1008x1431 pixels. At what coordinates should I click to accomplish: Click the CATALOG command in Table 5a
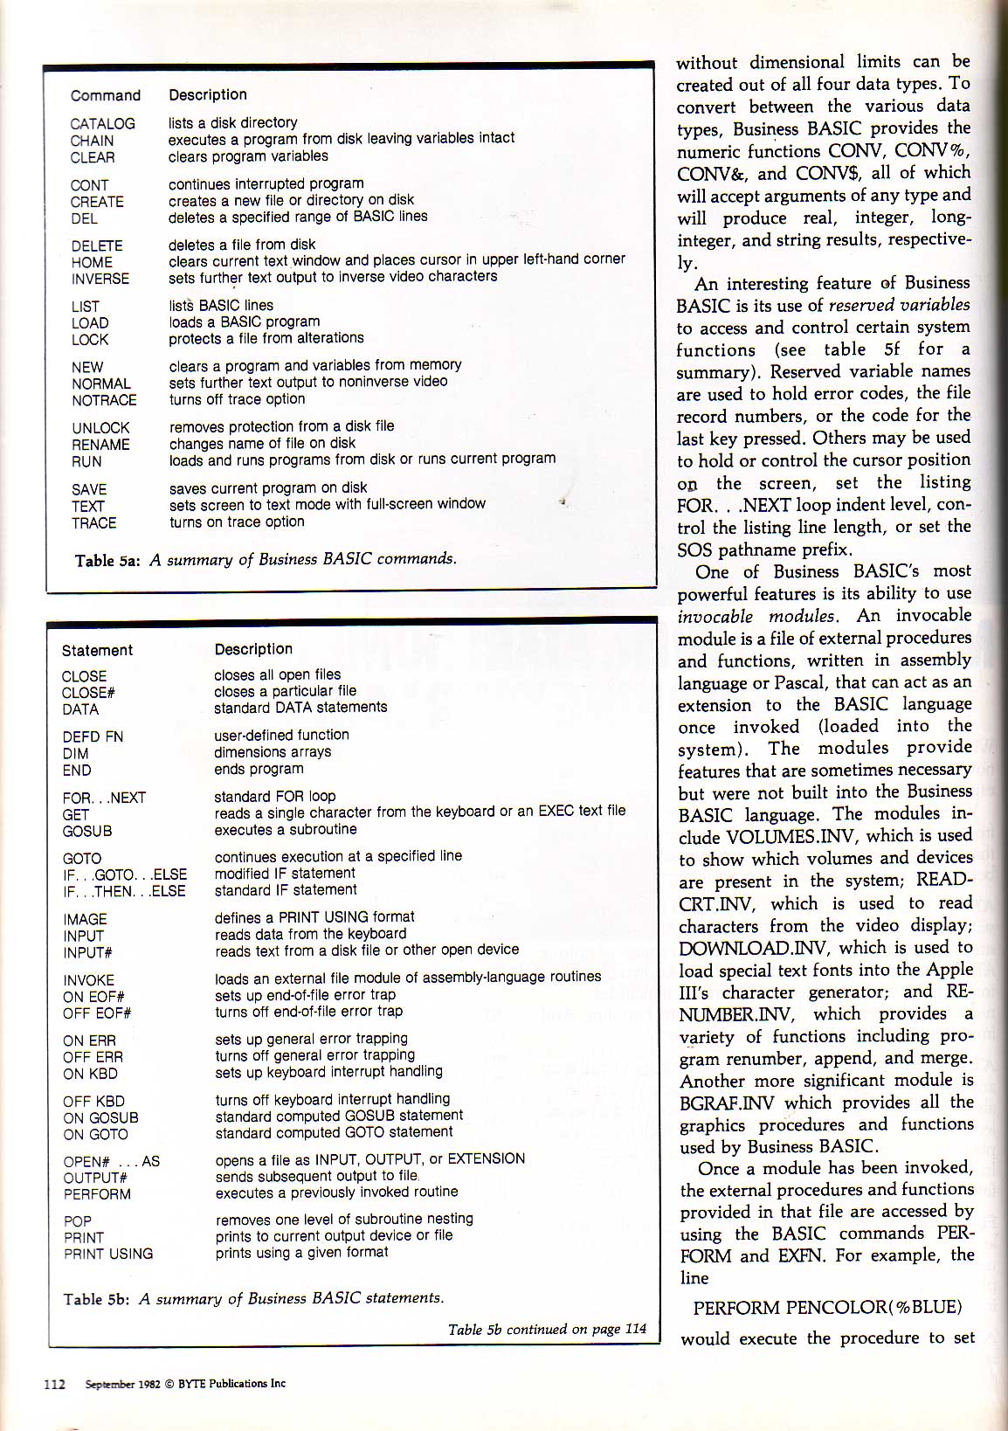[x=102, y=124]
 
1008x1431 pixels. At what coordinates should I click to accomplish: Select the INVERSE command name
[x=100, y=280]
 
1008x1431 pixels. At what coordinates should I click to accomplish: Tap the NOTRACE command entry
[x=104, y=401]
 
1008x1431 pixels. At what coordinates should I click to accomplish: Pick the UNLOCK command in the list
[x=100, y=428]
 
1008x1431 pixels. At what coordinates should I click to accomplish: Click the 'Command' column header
[x=106, y=96]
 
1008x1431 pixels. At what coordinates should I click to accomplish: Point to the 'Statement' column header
[x=97, y=651]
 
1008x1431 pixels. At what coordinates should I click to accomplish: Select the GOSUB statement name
[x=87, y=832]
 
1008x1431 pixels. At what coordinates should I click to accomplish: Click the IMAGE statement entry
[x=85, y=920]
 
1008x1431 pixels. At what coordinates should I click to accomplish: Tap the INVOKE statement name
[x=88, y=980]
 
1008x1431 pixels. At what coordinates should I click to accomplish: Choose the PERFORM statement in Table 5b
[x=97, y=1194]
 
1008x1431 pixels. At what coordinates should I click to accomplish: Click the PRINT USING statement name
[x=108, y=1255]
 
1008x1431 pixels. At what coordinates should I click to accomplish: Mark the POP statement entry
[x=78, y=1221]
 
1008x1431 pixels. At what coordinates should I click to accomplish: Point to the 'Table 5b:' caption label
[x=97, y=1299]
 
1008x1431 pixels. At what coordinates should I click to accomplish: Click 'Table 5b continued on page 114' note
[x=547, y=1330]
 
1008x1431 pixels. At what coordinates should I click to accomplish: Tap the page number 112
[x=55, y=1384]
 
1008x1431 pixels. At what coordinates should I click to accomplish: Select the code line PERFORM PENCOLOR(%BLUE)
[x=827, y=1308]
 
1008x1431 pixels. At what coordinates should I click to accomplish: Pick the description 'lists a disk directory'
[x=232, y=123]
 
